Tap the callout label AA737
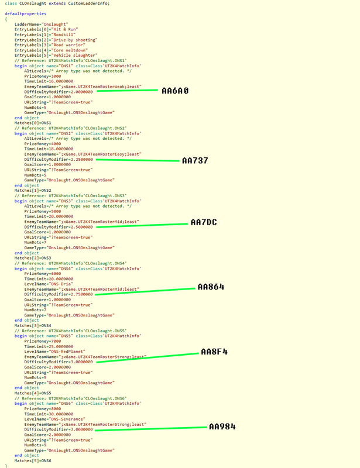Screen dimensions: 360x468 [195, 160]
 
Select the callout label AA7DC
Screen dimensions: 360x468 [203, 223]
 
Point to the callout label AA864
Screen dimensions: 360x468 [211, 287]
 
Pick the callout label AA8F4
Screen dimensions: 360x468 [214, 352]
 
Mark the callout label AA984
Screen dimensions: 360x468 [222, 427]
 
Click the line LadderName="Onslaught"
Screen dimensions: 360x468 [42, 24]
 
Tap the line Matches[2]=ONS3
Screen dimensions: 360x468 [32, 258]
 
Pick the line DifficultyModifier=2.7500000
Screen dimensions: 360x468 [59, 294]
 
